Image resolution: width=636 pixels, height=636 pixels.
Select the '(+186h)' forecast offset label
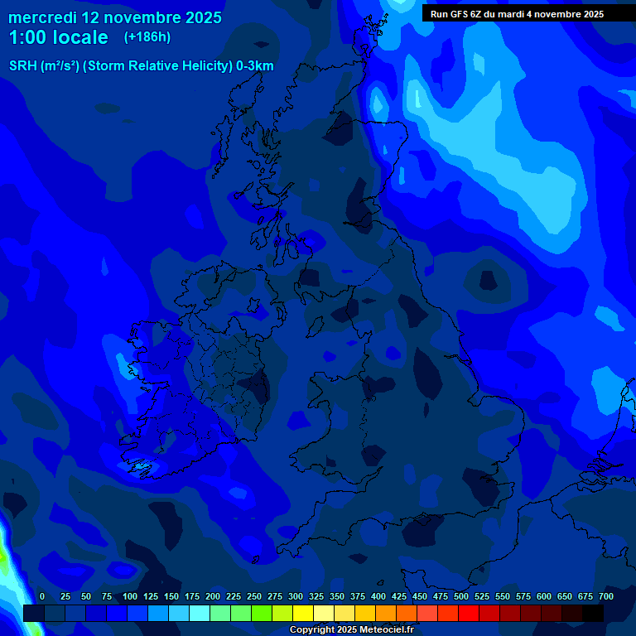pyautogui.click(x=147, y=37)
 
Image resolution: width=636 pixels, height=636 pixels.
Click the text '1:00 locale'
pyautogui.click(x=58, y=38)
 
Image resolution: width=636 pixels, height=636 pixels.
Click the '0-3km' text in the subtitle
pyautogui.click(x=255, y=66)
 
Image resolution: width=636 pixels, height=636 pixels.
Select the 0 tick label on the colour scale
pyautogui.click(x=42, y=596)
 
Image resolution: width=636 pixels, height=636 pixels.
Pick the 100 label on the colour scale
pyautogui.click(x=130, y=596)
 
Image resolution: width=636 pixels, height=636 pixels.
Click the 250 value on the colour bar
pyautogui.click(x=254, y=596)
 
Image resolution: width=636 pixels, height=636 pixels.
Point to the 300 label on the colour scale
pyautogui.click(x=296, y=596)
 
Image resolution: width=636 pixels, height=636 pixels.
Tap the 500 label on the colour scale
pyautogui.click(x=461, y=596)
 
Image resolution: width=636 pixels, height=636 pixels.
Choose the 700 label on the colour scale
pyautogui.click(x=605, y=596)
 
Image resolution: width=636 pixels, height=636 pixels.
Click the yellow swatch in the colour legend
pyautogui.click(x=303, y=613)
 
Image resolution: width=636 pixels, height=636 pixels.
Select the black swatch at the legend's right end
pyautogui.click(x=593, y=613)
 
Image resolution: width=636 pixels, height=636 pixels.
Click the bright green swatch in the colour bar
pyautogui.click(x=262, y=613)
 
